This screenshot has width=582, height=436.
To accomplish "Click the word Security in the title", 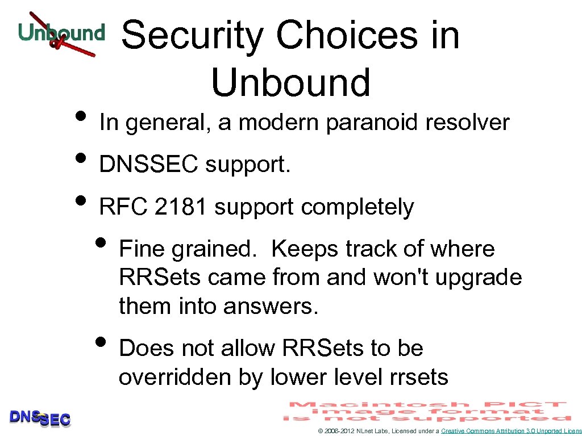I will [193, 35].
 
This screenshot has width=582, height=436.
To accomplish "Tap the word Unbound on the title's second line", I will [290, 82].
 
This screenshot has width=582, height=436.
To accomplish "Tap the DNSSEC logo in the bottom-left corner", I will [40, 418].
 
